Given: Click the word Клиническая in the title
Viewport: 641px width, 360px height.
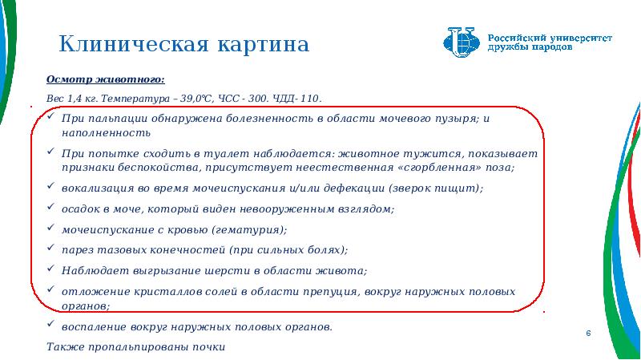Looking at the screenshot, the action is (134, 44).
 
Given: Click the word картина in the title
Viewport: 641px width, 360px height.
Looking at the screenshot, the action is (264, 45).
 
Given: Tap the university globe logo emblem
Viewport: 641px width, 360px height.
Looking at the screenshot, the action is (462, 42).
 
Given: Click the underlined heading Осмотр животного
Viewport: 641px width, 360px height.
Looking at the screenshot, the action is (106, 79).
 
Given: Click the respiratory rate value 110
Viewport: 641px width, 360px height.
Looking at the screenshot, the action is (311, 99).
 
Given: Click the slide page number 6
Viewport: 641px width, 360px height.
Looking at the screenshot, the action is (588, 334).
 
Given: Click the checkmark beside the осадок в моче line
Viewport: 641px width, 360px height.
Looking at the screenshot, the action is (50, 207).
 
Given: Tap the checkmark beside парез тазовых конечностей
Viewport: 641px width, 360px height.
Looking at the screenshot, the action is (50, 248).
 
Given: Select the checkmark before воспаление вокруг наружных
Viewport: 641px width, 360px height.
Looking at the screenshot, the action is (50, 324).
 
